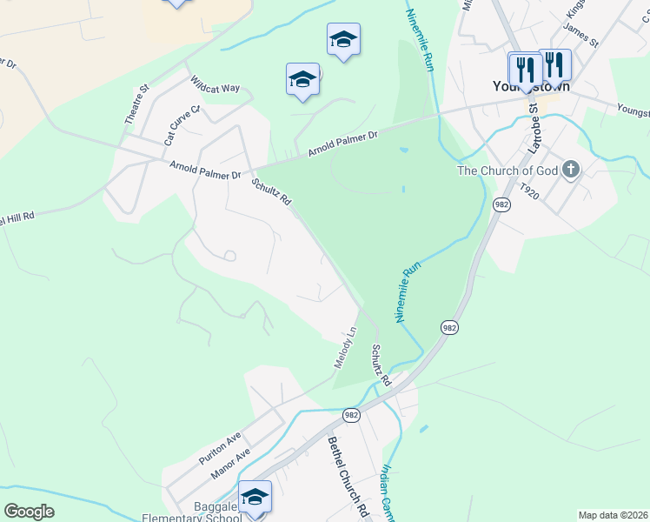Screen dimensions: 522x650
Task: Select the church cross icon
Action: click(570, 169)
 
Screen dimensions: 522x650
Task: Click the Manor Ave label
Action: click(230, 464)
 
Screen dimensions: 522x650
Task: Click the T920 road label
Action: click(529, 191)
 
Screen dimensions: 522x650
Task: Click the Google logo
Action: click(29, 512)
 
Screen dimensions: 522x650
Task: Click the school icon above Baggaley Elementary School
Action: click(255, 496)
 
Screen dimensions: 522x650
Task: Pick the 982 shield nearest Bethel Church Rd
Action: click(350, 416)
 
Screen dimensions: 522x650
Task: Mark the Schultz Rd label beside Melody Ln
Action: click(381, 365)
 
